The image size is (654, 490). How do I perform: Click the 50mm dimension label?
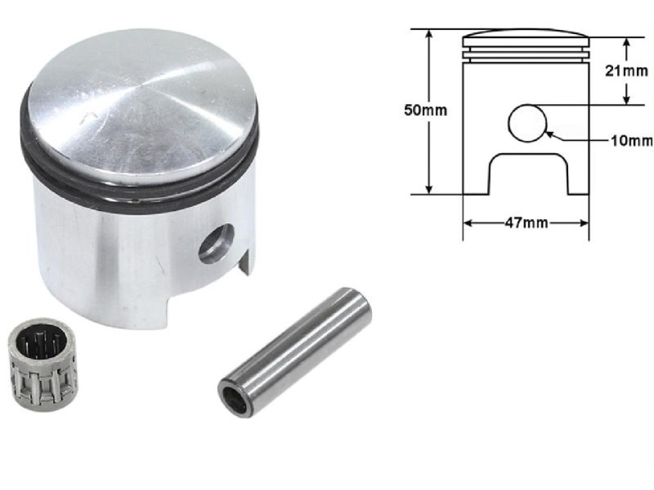(x=426, y=110)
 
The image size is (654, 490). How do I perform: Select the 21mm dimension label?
(x=627, y=70)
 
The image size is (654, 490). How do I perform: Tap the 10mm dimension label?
(x=631, y=141)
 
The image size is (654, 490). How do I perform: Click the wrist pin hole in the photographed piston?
(x=216, y=243)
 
